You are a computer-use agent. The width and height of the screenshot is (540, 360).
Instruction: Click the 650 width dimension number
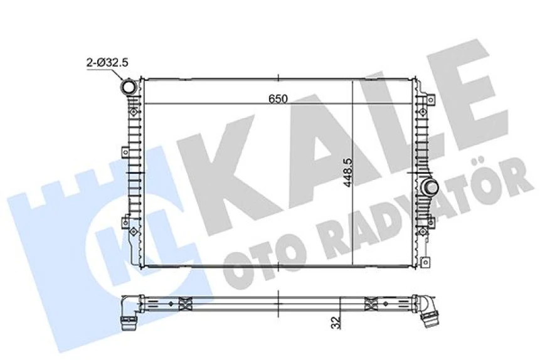(278, 98)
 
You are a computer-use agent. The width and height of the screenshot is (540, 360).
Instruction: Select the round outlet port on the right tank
(431, 186)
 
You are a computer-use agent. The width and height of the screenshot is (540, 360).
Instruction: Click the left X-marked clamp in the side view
(184, 304)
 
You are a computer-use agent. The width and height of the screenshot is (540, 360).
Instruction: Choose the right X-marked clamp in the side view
(369, 304)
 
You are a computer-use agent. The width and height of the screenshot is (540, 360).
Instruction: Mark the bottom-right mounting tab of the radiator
(425, 262)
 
